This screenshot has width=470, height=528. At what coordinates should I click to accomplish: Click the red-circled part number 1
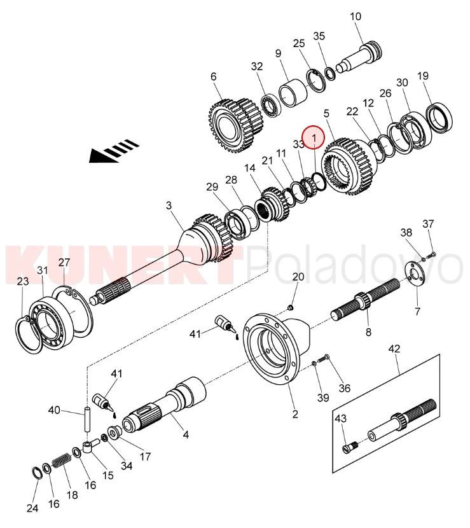[314, 137]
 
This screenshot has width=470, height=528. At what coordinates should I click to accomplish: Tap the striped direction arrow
[114, 151]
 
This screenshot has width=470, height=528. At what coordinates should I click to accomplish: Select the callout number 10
[356, 16]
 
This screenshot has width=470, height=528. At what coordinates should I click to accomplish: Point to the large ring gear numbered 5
[349, 166]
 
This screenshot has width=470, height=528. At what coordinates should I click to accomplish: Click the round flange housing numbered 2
[276, 349]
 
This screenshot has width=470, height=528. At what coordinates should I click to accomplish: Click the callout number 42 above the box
[394, 348]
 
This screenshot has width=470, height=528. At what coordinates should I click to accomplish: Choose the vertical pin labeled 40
[87, 419]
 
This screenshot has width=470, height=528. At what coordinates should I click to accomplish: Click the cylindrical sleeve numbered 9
[293, 93]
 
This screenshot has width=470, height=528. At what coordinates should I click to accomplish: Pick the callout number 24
[32, 508]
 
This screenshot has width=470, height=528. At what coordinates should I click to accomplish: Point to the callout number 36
[345, 388]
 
